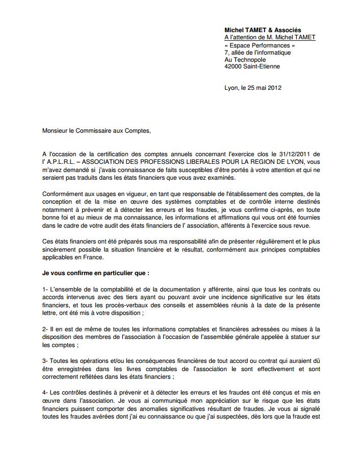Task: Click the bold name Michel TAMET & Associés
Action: (x=263, y=31)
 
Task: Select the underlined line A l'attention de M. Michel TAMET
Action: (x=270, y=38)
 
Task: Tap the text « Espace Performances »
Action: (x=260, y=45)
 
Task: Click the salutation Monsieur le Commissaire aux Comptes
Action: (x=96, y=130)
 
